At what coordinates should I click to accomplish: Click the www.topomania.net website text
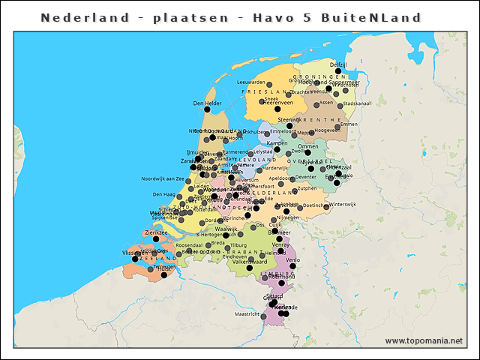coord(424,341)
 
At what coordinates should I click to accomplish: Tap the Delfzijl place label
coord(338,65)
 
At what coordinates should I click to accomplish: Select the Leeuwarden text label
coord(250,82)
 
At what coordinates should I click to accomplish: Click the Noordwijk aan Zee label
coord(163,178)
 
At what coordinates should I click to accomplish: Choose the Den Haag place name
coord(163,194)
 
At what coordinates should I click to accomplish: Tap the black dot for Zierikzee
coord(157,239)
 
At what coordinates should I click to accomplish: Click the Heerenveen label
coord(277,103)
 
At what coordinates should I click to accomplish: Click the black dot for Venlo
coord(293,265)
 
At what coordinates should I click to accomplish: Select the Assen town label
coord(326,103)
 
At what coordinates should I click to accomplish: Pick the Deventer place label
coord(306,177)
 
